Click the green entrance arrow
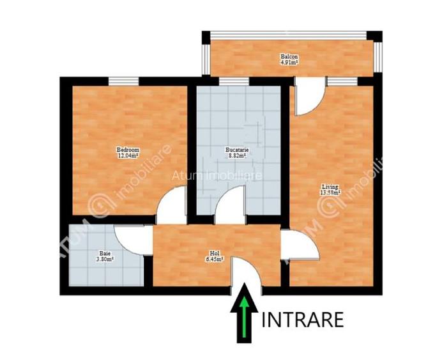pyautogui.click(x=243, y=320)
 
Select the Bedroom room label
pyautogui.click(x=128, y=150)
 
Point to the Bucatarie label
pyautogui.click(x=237, y=150)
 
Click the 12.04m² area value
pyautogui.click(x=128, y=155)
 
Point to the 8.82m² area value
pyautogui.click(x=237, y=155)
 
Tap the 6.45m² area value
pyautogui.click(x=213, y=259)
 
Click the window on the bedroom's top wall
pyautogui.click(x=123, y=81)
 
